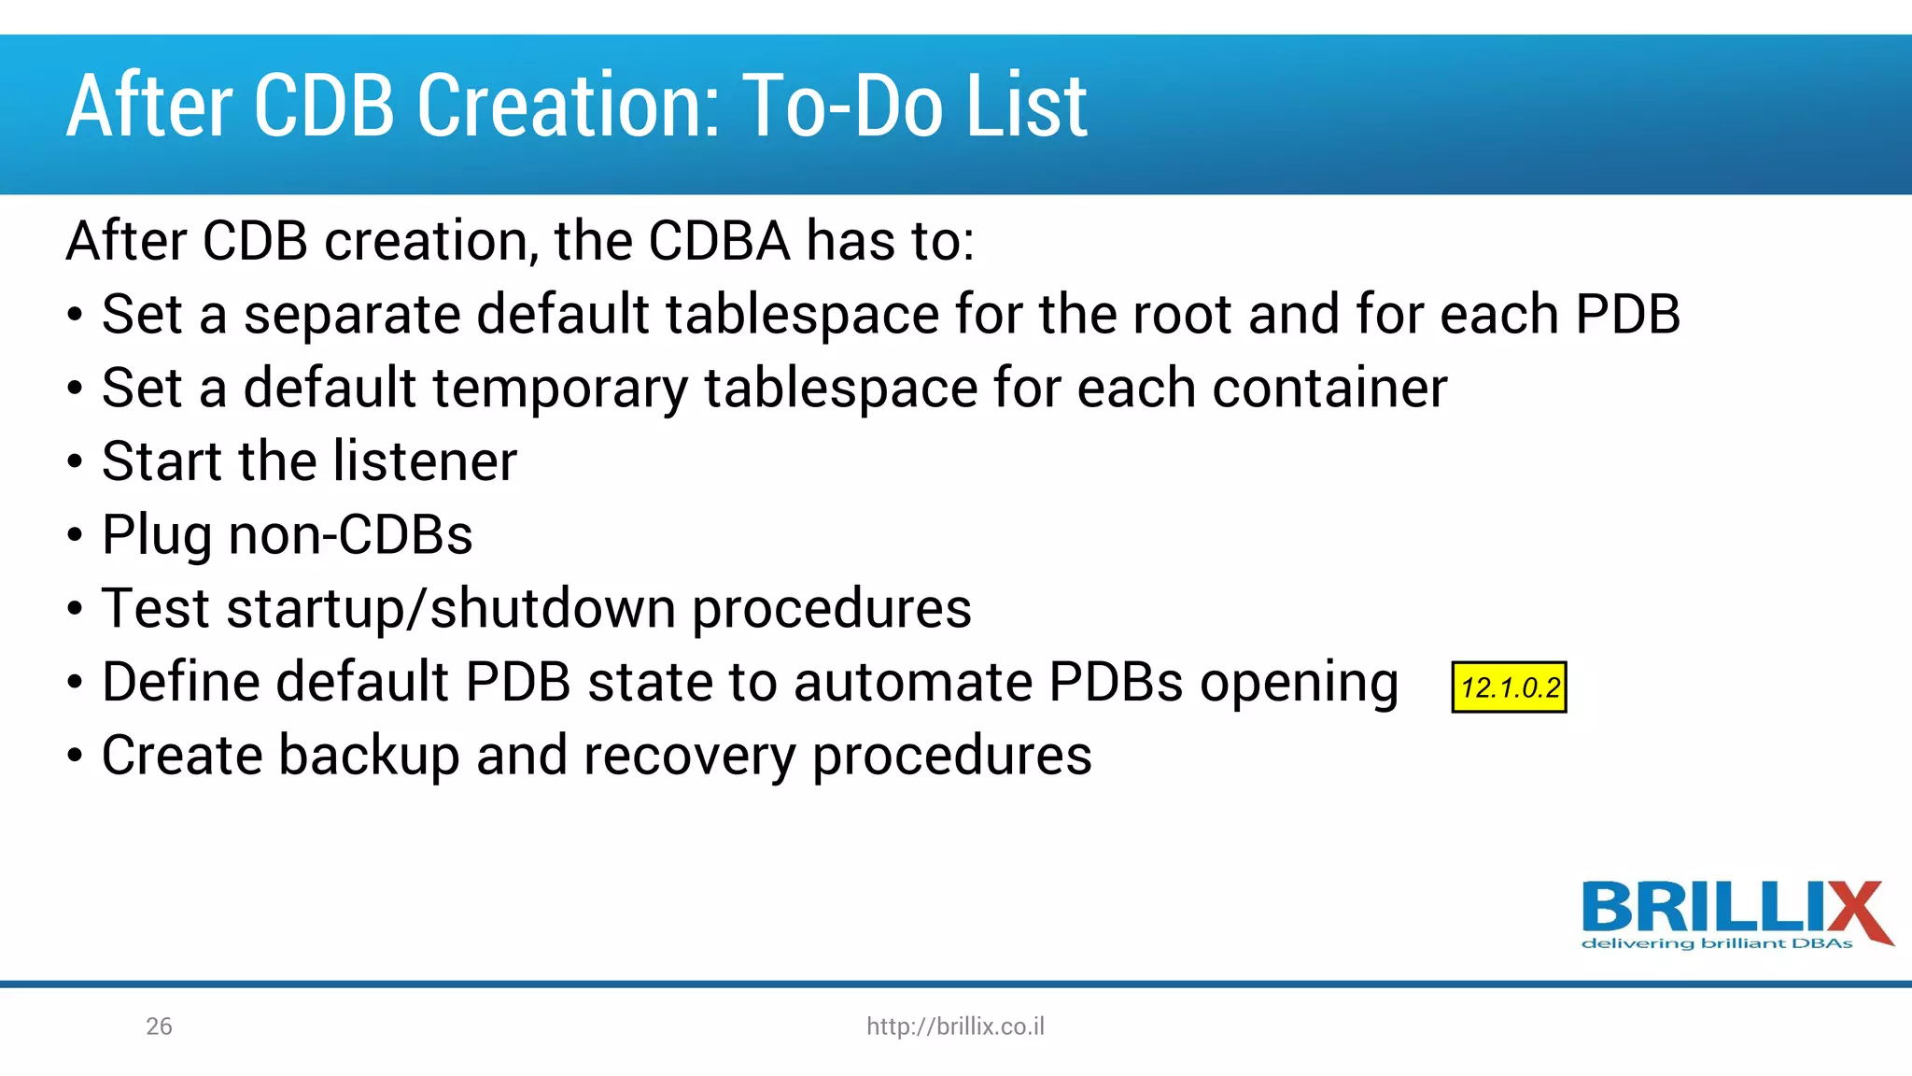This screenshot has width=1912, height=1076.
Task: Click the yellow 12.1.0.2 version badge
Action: (1509, 687)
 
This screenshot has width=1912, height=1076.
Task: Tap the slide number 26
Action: (159, 1026)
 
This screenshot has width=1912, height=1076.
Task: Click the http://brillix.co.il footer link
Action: (955, 1026)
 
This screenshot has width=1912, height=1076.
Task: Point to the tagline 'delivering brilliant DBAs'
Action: (1716, 944)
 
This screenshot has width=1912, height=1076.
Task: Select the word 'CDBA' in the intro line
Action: (719, 241)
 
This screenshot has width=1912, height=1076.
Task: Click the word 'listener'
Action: (425, 460)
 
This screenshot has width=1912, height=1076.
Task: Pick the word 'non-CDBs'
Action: (350, 535)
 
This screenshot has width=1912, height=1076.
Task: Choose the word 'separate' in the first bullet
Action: (352, 315)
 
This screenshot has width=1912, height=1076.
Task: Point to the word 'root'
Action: (1181, 315)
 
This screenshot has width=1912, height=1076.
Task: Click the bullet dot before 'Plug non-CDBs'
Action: (75, 536)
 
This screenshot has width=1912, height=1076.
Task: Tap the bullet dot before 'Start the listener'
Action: (75, 462)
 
